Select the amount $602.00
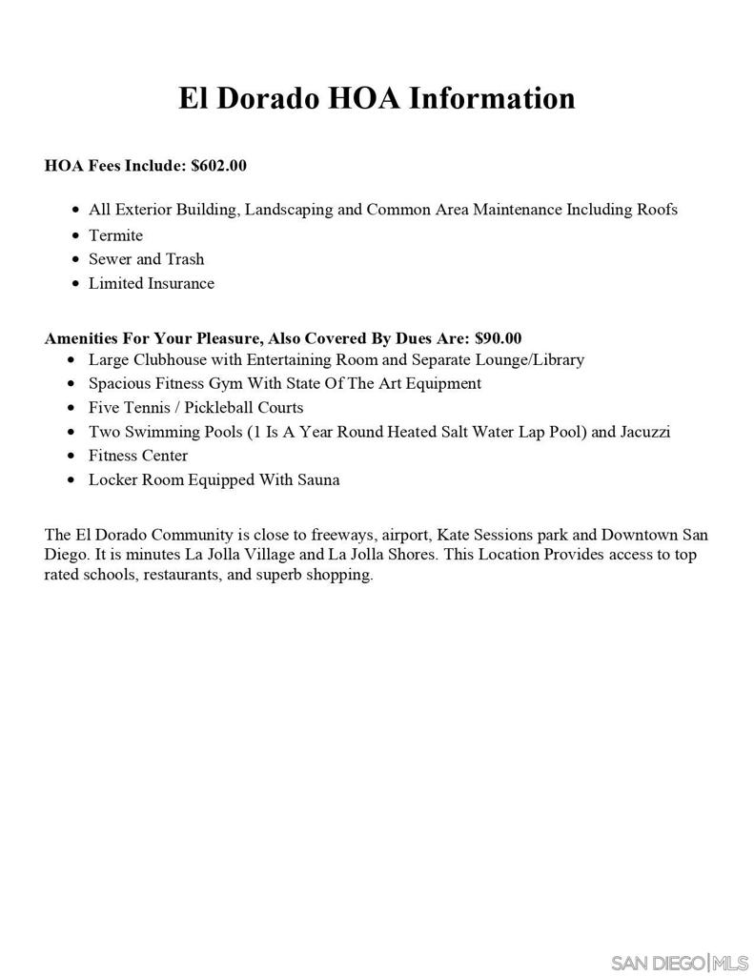coord(218,166)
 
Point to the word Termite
coord(115,235)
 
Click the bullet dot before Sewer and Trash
coord(75,259)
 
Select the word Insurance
coord(180,283)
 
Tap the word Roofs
coord(657,210)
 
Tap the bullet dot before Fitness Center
coord(75,456)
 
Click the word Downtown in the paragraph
coord(642,535)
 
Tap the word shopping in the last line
coord(339,576)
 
